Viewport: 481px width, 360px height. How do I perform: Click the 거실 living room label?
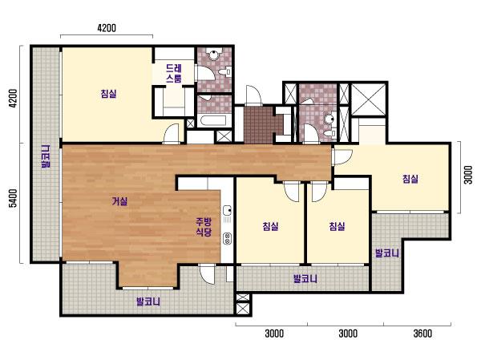(x=119, y=201)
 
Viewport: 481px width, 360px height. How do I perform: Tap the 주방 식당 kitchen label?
(x=204, y=227)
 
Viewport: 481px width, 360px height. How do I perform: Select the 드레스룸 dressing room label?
(x=174, y=73)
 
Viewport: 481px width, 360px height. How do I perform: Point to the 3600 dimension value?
(x=422, y=334)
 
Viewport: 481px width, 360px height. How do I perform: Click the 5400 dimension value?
(x=13, y=198)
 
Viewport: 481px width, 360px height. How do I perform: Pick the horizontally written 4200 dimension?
(x=107, y=28)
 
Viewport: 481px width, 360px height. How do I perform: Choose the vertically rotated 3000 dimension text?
(x=468, y=175)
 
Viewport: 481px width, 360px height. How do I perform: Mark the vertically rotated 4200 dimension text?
(x=13, y=98)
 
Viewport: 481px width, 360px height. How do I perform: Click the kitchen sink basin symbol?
(x=228, y=210)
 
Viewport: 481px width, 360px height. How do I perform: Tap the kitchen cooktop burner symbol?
(x=228, y=238)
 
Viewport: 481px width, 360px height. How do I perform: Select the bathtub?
(x=212, y=120)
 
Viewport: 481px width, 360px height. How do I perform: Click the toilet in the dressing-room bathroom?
(x=225, y=71)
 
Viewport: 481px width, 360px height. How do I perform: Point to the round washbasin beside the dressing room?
(x=213, y=55)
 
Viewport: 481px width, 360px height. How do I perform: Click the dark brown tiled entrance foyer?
(x=259, y=124)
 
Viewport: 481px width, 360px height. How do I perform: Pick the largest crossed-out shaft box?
(x=368, y=99)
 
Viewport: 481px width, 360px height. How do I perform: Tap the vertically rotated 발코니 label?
(x=46, y=156)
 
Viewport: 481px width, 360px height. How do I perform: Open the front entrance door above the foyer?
(x=253, y=95)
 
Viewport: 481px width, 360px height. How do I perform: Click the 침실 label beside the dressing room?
(x=108, y=93)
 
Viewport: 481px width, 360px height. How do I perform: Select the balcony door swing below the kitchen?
(x=207, y=274)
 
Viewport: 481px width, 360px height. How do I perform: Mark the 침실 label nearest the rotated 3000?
(x=410, y=179)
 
